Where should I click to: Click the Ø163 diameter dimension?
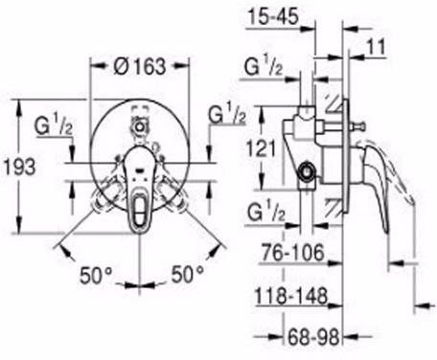[140, 67]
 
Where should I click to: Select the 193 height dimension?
[19, 167]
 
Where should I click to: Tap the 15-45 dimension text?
[273, 16]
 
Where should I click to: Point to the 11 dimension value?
[376, 47]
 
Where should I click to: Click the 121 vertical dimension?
[261, 149]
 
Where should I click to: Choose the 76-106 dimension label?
[293, 253]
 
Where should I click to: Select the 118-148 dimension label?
[291, 296]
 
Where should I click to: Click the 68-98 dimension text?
[313, 337]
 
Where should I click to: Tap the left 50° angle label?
[96, 275]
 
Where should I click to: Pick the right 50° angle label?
[187, 274]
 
